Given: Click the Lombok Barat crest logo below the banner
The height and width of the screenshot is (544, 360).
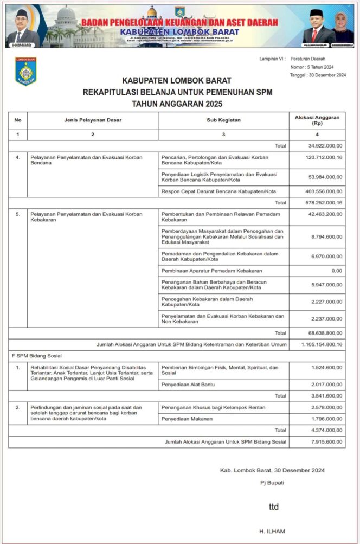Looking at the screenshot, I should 25,72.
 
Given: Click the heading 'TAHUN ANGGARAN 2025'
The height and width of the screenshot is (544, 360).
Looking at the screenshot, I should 177,104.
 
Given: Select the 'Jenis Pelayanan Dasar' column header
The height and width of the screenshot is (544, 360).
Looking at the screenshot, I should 92,120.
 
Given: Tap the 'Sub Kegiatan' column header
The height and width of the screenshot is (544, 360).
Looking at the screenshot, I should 223,120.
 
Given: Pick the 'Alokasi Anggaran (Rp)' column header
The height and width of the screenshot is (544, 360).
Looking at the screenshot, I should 317,120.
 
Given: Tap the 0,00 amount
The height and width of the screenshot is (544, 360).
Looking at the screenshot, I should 336,270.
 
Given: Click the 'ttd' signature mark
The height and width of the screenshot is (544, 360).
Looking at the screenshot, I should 274,507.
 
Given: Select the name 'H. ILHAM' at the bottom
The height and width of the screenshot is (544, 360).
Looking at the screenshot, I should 273,531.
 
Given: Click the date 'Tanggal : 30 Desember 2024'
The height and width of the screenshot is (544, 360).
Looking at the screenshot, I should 318,75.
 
